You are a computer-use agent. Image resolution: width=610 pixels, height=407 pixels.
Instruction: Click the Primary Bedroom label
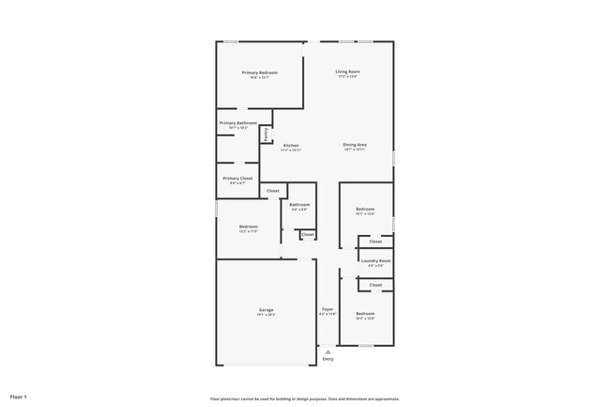pos(259,72)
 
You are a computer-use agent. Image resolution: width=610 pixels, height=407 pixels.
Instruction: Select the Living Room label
pos(348,71)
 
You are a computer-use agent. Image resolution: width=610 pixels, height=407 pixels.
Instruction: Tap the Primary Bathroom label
pos(238,123)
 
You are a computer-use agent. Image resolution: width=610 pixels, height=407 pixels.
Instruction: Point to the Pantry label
pos(266,134)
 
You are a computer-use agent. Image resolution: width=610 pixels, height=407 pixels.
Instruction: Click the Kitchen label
pos(291,145)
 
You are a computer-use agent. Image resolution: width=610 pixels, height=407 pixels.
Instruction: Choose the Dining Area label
pos(355,145)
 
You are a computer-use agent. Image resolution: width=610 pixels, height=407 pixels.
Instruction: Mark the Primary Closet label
pos(237,178)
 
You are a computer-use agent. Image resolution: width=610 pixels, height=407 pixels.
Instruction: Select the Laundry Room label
pos(375,260)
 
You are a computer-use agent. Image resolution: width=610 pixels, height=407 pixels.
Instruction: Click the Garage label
pos(267,309)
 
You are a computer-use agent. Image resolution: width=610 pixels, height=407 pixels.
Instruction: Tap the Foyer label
pos(328,309)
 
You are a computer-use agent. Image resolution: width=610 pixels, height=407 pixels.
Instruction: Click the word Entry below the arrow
pos(328,359)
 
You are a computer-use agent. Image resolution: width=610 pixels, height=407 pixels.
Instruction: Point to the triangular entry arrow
pos(328,351)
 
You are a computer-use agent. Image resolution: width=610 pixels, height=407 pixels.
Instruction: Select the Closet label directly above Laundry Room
pos(375,242)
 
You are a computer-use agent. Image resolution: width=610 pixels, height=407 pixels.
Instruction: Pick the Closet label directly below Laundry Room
pos(375,284)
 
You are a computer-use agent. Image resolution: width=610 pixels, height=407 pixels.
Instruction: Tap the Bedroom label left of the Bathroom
pos(249,227)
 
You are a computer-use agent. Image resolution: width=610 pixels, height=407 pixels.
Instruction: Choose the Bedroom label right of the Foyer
pos(365,314)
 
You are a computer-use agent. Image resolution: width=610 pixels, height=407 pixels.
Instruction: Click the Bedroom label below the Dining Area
pos(365,209)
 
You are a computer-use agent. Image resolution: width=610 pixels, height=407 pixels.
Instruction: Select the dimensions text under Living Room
pos(348,77)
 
